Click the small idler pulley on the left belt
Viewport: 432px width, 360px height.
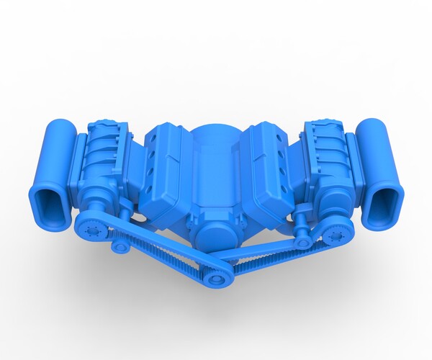coord(120,246)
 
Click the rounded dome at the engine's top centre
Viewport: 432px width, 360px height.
coord(215,137)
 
